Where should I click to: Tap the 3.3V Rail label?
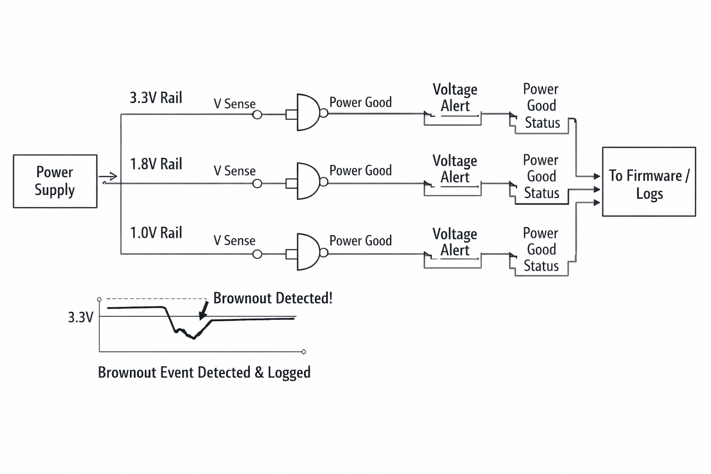pyautogui.click(x=156, y=98)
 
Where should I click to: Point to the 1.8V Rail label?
pyautogui.click(x=156, y=164)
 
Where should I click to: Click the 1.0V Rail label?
pyautogui.click(x=156, y=233)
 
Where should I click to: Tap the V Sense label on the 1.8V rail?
pyautogui.click(x=235, y=171)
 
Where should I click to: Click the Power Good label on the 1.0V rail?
pyautogui.click(x=361, y=241)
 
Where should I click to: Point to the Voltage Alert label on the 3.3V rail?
pyautogui.click(x=455, y=98)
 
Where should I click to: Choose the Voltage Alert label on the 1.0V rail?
pyautogui.click(x=455, y=242)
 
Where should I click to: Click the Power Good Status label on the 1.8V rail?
pyautogui.click(x=541, y=177)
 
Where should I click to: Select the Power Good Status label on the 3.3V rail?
pyautogui.click(x=542, y=106)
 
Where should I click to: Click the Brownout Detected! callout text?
pyautogui.click(x=273, y=298)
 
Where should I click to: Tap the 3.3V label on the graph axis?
pyautogui.click(x=81, y=317)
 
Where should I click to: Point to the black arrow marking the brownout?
pyautogui.click(x=204, y=310)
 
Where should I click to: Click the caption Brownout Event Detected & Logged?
pyautogui.click(x=204, y=373)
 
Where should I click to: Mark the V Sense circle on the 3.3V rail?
pyautogui.click(x=257, y=115)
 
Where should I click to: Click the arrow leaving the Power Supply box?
pyautogui.click(x=108, y=176)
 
